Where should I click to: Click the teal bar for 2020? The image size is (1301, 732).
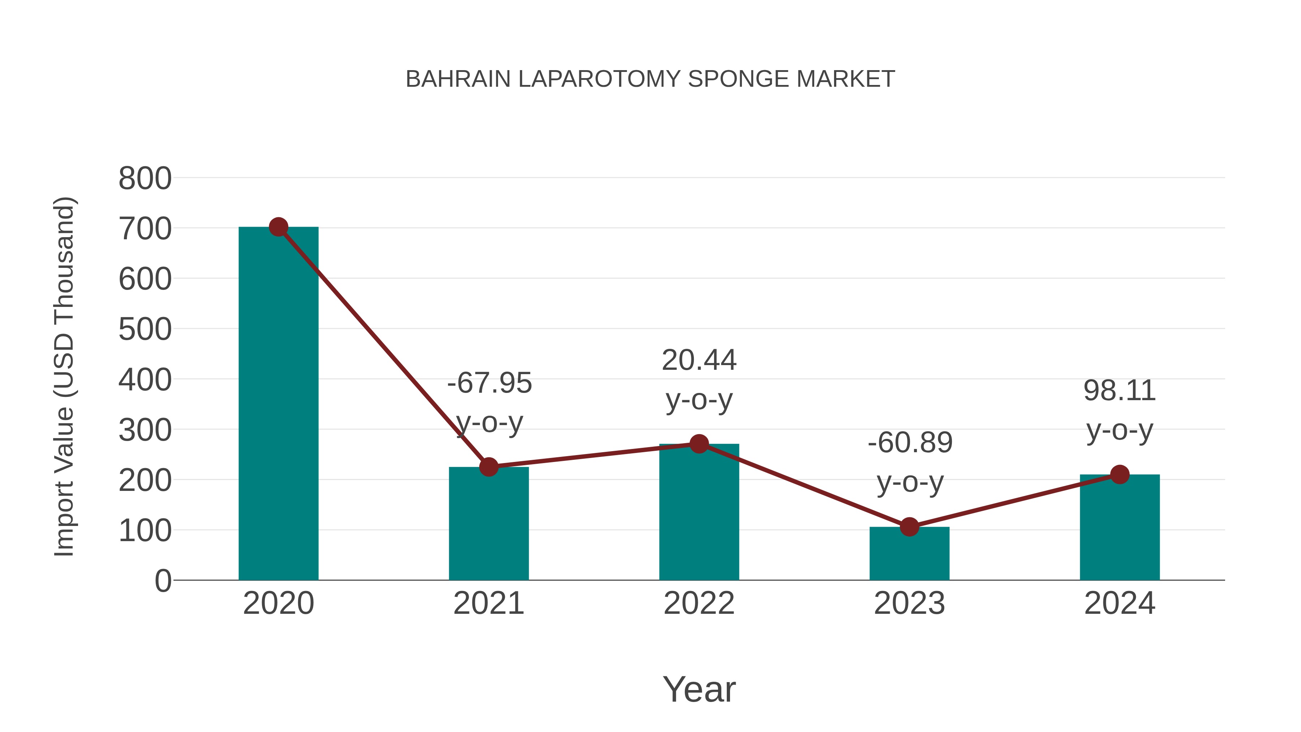pyautogui.click(x=278, y=404)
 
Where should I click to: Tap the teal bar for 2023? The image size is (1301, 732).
pyautogui.click(x=909, y=554)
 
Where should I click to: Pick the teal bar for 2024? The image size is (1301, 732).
pyautogui.click(x=1120, y=527)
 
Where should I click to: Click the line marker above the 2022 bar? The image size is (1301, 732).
pyautogui.click(x=699, y=444)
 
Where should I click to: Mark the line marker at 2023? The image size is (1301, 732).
pyautogui.click(x=909, y=527)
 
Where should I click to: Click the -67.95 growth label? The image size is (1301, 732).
pyautogui.click(x=489, y=383)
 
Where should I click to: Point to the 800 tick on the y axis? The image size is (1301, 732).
pyautogui.click(x=145, y=179)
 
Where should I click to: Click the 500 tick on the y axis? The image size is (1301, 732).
pyautogui.click(x=145, y=330)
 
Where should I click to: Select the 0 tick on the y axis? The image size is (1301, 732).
pyautogui.click(x=163, y=581)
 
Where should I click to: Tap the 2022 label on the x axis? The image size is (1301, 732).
pyautogui.click(x=699, y=604)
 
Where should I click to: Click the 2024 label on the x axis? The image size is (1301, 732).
pyautogui.click(x=1120, y=604)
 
